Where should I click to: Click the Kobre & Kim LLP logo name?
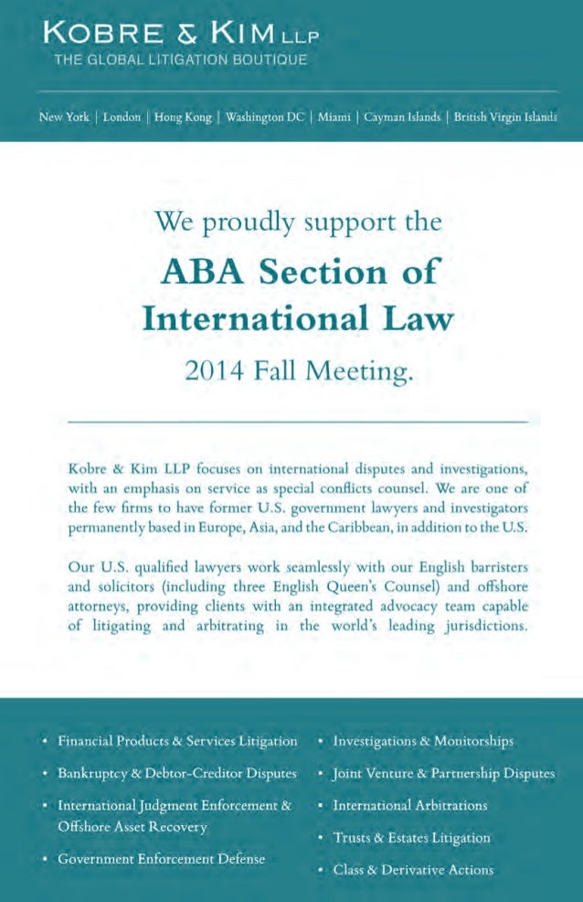pos(179,36)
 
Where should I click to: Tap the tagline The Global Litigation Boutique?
pos(180,60)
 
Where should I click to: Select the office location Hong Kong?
pos(183,117)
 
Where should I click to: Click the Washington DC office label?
pos(265,117)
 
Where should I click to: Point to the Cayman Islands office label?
pos(402,117)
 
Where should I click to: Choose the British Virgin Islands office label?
pos(505,117)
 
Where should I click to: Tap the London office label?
pos(122,117)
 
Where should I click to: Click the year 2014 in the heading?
pos(217,371)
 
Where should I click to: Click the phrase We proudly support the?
pos(298,222)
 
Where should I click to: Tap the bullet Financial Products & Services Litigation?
pos(177,741)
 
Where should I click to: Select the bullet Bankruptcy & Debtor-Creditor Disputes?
pos(177,773)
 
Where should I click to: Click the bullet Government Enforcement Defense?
pos(162,859)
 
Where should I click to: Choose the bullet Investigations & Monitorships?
pos(422,741)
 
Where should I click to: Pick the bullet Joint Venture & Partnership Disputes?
pos(443,773)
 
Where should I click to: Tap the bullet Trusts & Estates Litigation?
pos(411,837)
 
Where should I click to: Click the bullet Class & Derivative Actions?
pos(413,869)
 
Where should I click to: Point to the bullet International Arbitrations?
pos(409,805)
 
